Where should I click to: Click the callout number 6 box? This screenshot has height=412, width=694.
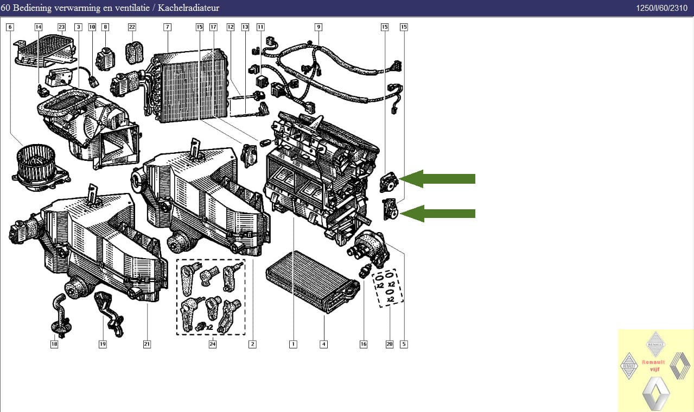click(10, 27)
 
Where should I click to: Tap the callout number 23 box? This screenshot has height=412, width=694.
click(61, 27)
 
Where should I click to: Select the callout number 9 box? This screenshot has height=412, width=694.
click(319, 27)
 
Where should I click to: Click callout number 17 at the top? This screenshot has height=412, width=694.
click(213, 27)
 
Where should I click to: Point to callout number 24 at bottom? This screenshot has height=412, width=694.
click(213, 344)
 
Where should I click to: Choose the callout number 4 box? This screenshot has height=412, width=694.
click(323, 344)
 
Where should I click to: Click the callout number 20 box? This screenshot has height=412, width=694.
click(389, 344)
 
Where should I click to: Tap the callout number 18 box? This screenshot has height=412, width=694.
click(54, 344)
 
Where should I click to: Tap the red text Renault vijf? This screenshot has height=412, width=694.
click(653, 365)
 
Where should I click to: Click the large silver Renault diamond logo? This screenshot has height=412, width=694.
click(655, 394)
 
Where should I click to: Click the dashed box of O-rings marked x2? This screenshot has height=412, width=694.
click(388, 287)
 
